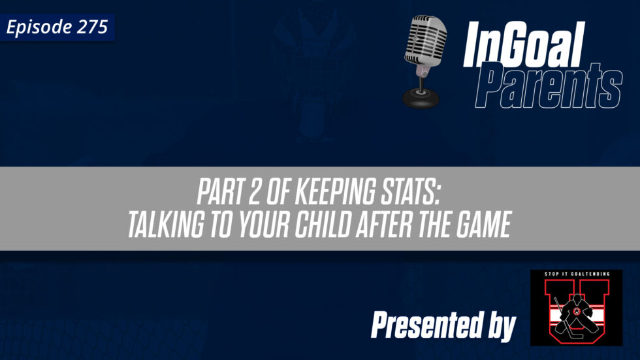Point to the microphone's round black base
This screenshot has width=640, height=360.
point(421,98)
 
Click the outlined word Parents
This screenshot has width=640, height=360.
point(548,86)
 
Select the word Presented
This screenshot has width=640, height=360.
point(426,324)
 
